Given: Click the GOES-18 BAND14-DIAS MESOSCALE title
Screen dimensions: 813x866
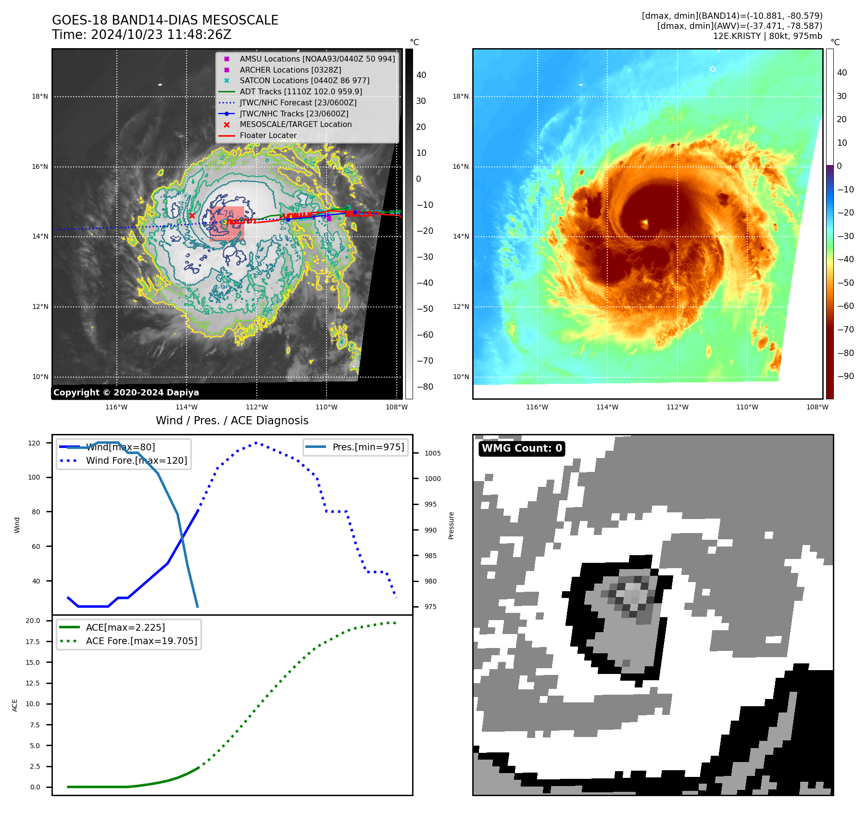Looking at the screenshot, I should pyautogui.click(x=165, y=20).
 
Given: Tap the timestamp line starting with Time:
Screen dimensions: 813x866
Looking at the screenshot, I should pyautogui.click(x=141, y=35).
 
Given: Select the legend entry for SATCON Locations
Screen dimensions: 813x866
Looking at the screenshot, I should pyautogui.click(x=304, y=80).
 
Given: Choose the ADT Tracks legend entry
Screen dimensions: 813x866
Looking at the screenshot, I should pyautogui.click(x=301, y=91).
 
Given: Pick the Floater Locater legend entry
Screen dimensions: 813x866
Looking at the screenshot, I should pyautogui.click(x=268, y=135).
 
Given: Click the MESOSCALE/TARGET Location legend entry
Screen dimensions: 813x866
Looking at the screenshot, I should pyautogui.click(x=295, y=124).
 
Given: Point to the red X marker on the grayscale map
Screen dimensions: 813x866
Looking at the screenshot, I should pyautogui.click(x=192, y=216).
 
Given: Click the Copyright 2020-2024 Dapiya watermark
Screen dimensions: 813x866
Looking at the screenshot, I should pyautogui.click(x=126, y=392).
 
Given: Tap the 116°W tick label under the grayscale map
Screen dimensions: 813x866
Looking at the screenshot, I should pyautogui.click(x=116, y=407).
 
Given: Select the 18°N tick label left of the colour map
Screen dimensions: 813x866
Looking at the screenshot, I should pyautogui.click(x=460, y=96).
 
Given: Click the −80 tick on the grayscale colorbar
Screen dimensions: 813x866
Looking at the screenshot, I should pyautogui.click(x=425, y=386).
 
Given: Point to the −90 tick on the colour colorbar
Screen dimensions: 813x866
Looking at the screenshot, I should pyautogui.click(x=845, y=376).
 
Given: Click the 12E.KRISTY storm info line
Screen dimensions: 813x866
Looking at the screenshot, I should pyautogui.click(x=767, y=36).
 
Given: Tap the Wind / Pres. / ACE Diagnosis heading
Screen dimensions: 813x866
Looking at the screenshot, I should pyautogui.click(x=232, y=420).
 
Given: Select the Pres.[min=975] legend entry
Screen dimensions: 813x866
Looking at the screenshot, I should pyautogui.click(x=368, y=447).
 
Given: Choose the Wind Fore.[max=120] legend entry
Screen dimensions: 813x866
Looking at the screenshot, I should pyautogui.click(x=136, y=460).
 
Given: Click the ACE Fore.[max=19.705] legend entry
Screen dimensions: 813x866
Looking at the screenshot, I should pyautogui.click(x=141, y=641).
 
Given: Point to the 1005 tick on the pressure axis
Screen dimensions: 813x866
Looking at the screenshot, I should pyautogui.click(x=432, y=453).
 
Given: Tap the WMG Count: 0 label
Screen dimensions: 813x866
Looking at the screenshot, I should pyautogui.click(x=522, y=448).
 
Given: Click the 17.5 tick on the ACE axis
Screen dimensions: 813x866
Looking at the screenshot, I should pyautogui.click(x=33, y=641).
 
